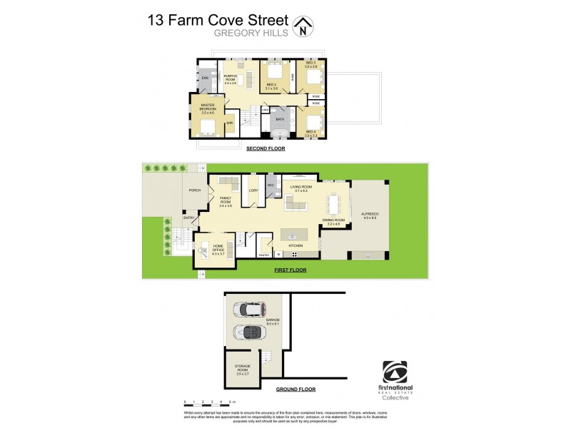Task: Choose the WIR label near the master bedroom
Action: (229, 123)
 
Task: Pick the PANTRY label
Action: (263, 255)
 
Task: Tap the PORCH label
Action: (193, 190)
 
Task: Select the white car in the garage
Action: (246, 310)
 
